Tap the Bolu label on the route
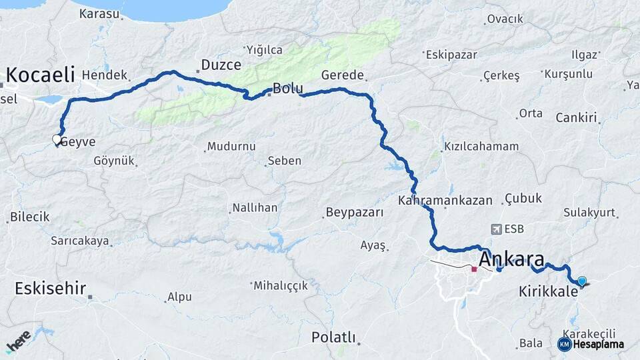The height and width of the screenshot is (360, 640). [x=288, y=89]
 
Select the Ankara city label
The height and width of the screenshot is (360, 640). [x=511, y=259]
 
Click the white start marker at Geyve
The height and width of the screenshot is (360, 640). [x=57, y=139]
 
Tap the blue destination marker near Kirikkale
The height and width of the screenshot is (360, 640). [x=582, y=281]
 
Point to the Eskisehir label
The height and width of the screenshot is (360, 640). [x=50, y=289]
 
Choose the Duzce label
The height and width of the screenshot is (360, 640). [x=217, y=66]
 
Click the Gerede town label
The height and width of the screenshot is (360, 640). [x=343, y=75]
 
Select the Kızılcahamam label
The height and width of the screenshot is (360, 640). [x=481, y=147]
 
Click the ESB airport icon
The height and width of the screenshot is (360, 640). [x=496, y=229]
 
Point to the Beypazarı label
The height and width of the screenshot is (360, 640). [x=355, y=213]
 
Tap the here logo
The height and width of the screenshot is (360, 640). [x=18, y=341]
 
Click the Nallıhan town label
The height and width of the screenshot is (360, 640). [x=255, y=207]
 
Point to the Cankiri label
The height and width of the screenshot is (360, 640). [x=576, y=118]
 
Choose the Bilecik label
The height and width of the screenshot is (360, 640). [x=29, y=217]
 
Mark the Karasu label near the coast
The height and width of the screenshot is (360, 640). [x=99, y=13]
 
